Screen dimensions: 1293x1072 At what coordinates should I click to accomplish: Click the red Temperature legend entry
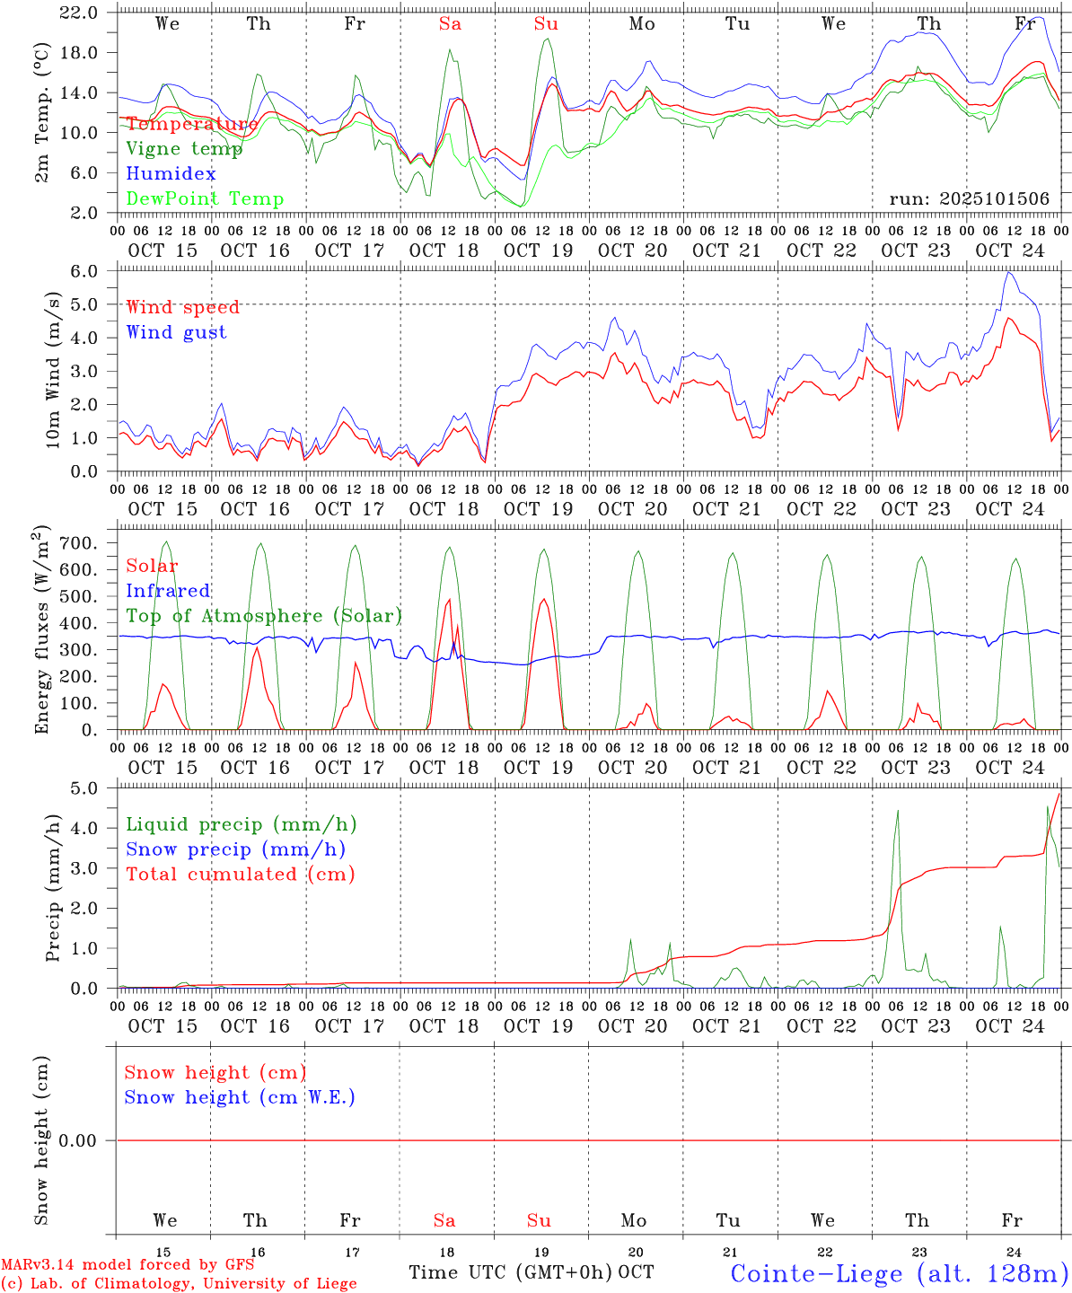(192, 124)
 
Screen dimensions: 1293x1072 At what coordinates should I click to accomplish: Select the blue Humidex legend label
(171, 174)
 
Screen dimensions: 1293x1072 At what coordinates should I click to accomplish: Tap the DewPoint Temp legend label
(205, 199)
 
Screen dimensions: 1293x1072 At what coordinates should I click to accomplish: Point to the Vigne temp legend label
(184, 149)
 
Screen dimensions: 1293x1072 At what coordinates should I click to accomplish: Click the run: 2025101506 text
(969, 199)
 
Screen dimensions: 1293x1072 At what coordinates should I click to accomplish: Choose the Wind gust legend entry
(176, 332)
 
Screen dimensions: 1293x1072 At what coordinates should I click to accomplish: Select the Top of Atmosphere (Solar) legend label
(264, 616)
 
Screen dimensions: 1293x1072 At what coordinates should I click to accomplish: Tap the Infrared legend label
(168, 591)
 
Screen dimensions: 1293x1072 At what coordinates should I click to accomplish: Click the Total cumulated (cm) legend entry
(241, 875)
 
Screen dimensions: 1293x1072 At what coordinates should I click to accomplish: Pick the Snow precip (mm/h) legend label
(235, 849)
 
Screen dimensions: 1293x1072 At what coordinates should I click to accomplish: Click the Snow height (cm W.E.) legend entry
(240, 1097)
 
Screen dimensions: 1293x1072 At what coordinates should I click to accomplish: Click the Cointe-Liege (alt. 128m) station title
(900, 1273)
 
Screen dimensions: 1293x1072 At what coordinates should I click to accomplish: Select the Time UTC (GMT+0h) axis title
(511, 1272)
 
